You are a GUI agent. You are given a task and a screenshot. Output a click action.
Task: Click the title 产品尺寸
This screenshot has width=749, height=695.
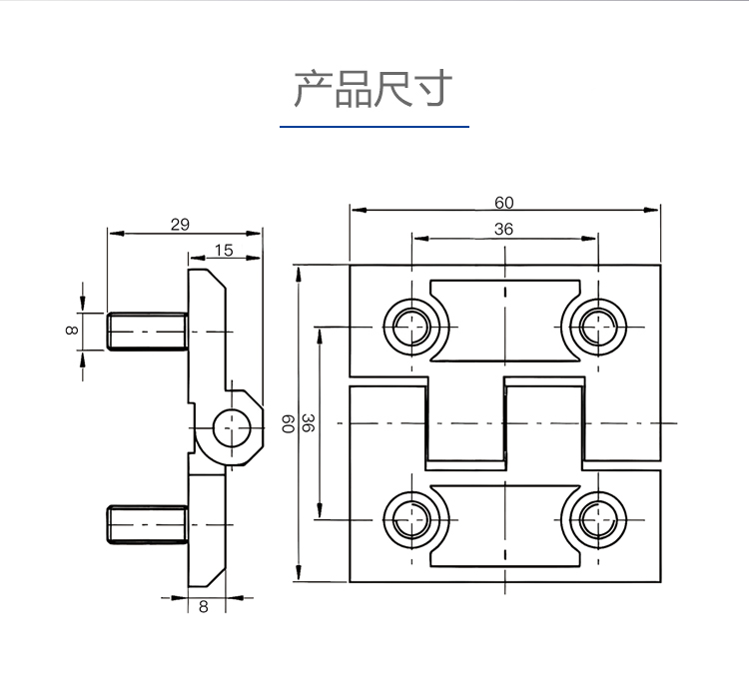[374, 89]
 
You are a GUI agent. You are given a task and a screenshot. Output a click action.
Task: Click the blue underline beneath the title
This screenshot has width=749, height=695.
[374, 127]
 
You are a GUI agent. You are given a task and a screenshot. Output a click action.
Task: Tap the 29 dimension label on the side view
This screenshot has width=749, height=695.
[180, 225]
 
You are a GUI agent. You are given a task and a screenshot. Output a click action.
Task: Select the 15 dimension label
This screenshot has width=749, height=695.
[224, 250]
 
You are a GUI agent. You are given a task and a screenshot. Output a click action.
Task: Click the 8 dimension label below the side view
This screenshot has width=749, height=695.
[204, 606]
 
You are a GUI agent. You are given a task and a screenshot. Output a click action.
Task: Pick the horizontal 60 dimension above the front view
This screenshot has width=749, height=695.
[504, 202]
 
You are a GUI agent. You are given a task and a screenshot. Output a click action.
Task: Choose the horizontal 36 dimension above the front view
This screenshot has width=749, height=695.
[504, 229]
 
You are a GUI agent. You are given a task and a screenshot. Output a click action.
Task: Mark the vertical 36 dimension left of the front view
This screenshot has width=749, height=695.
[309, 423]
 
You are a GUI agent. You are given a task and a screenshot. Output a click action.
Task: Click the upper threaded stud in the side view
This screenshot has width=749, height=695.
[146, 331]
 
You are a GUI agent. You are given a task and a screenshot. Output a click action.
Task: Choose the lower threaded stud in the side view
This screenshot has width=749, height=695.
[146, 524]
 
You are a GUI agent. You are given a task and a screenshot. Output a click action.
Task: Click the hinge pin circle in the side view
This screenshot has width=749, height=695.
[234, 427]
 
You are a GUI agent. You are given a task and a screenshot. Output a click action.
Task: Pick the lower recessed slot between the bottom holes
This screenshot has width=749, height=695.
[504, 521]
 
